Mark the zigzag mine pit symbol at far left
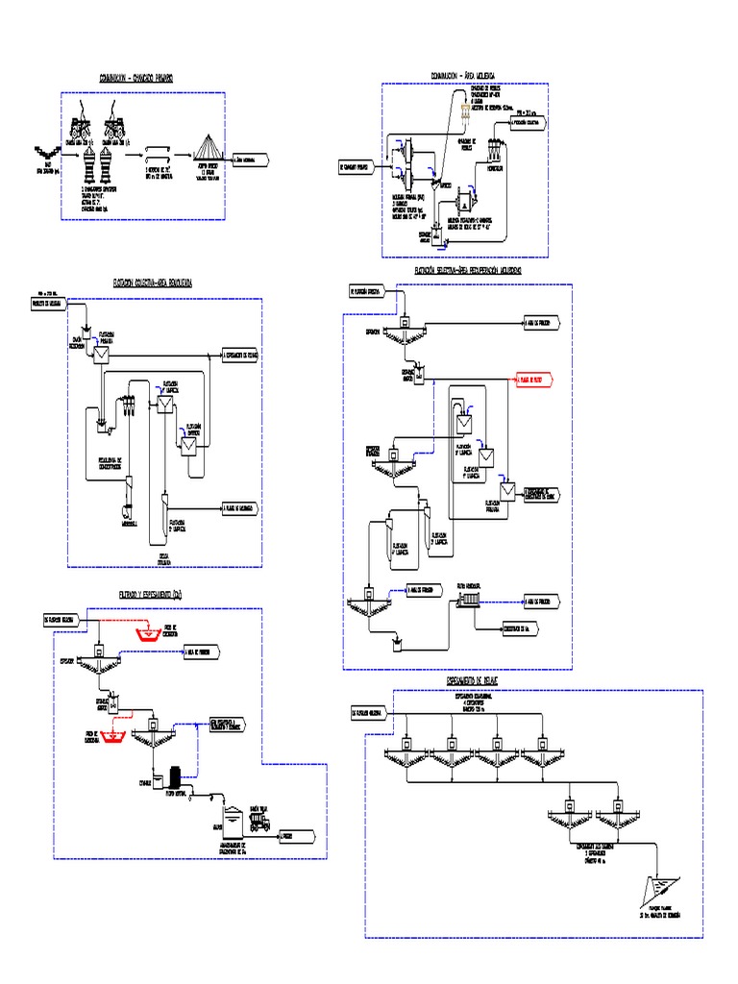[x=42, y=150]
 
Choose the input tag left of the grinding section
[x=361, y=165]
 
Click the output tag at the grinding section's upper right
[x=528, y=124]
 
